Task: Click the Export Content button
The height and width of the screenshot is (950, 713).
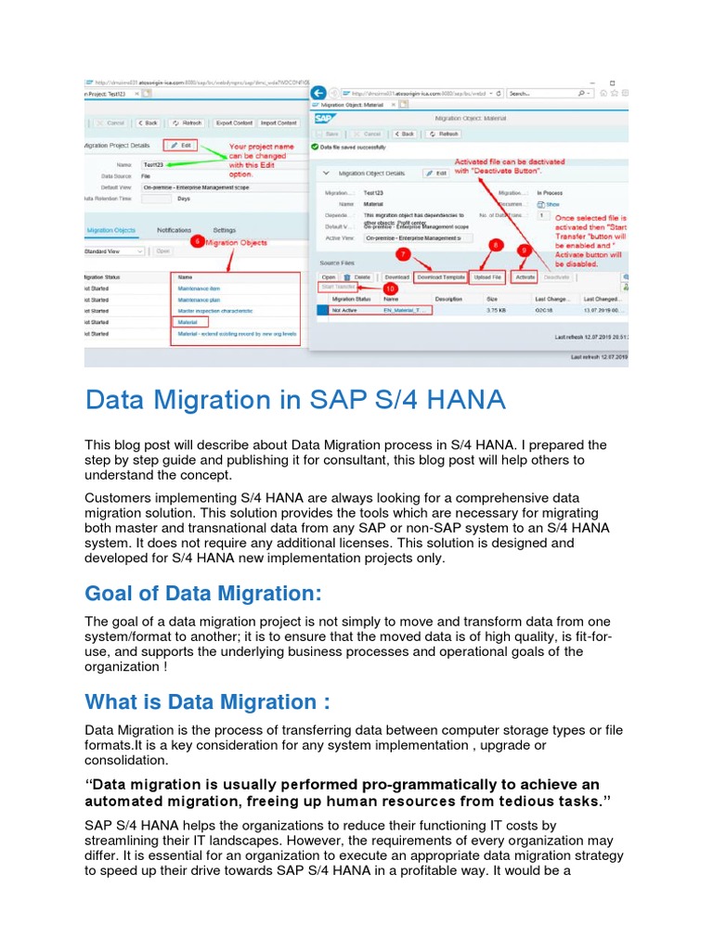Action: pyautogui.click(x=234, y=122)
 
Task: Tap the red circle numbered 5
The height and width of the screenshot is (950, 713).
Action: pyautogui.click(x=196, y=241)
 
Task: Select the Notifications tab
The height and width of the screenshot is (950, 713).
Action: pyautogui.click(x=175, y=230)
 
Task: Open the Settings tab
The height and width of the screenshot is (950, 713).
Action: pyautogui.click(x=225, y=230)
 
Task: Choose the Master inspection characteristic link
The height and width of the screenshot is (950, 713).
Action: pyautogui.click(x=215, y=311)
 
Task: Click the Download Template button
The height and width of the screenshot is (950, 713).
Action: pyautogui.click(x=440, y=276)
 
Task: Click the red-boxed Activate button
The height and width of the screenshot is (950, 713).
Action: pyautogui.click(x=525, y=276)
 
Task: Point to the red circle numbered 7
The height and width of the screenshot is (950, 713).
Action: pyautogui.click(x=403, y=252)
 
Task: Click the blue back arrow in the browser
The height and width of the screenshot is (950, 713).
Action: pyautogui.click(x=319, y=94)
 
